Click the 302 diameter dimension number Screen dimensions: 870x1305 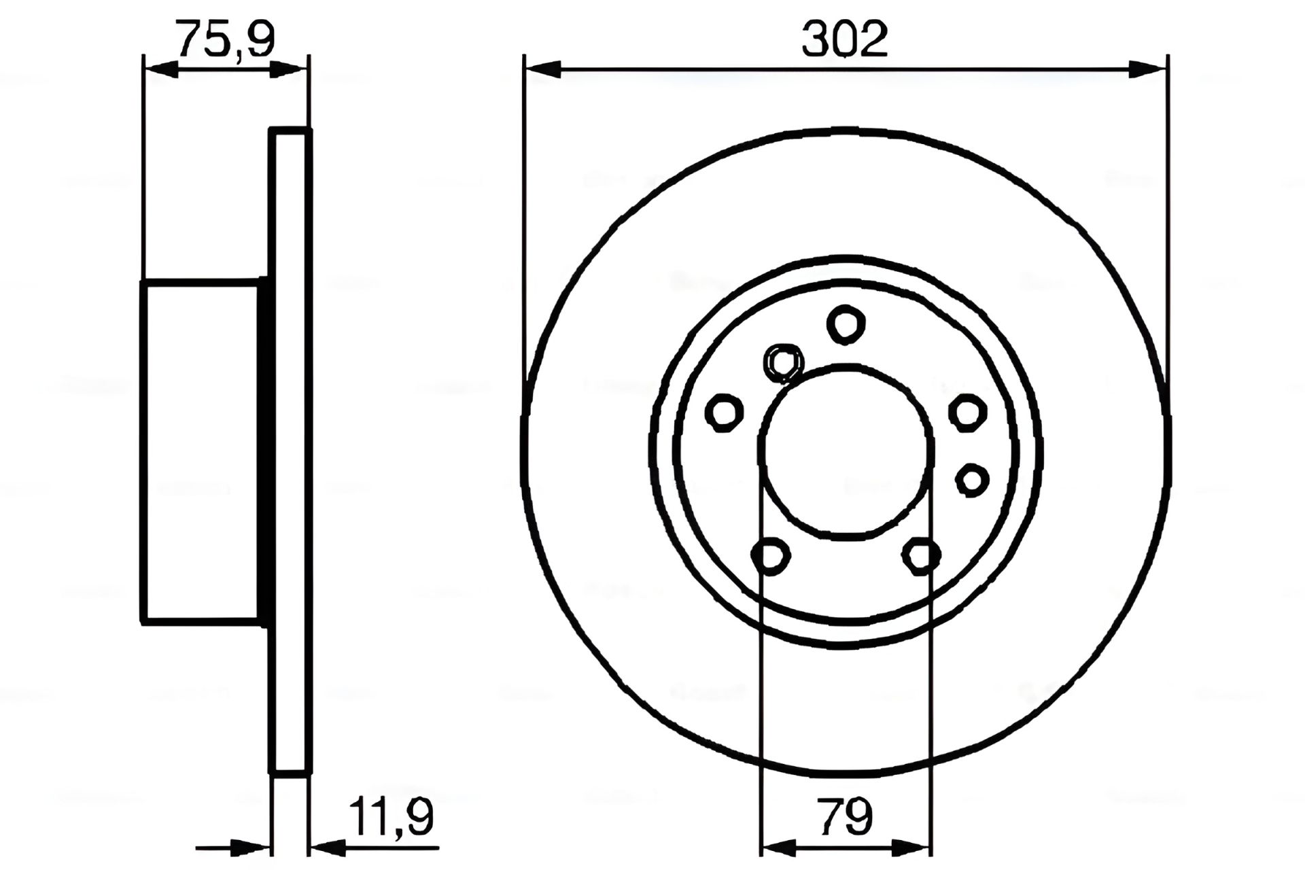click(845, 39)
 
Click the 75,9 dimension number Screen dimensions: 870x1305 click(225, 39)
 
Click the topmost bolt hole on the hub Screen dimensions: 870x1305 click(846, 324)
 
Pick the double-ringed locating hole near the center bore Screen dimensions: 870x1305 click(784, 362)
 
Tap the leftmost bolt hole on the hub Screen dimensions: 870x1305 click(724, 412)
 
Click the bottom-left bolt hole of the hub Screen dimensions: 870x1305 click(771, 557)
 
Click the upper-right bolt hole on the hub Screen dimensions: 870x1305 click(967, 412)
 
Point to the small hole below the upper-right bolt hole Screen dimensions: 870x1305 click(971, 480)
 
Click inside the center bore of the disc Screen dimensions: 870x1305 click(845, 452)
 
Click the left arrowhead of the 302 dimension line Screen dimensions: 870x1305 click(544, 68)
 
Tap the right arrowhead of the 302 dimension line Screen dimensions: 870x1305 click(1147, 68)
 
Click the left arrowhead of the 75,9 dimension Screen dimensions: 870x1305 click(162, 68)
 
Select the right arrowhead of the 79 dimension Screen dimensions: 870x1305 click(913, 848)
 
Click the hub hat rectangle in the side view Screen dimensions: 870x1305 click(201, 452)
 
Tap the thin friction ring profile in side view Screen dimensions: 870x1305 click(291, 452)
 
